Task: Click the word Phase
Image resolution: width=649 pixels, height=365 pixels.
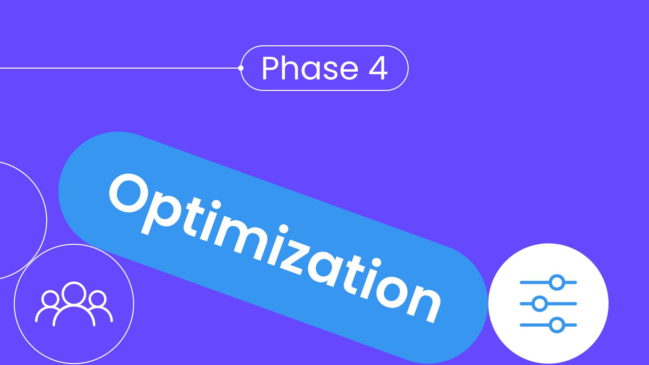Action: (x=310, y=68)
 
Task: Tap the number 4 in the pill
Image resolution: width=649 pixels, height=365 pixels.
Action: (x=377, y=69)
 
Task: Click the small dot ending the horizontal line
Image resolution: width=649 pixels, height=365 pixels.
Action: (x=241, y=68)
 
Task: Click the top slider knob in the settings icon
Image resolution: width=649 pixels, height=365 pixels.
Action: (x=556, y=282)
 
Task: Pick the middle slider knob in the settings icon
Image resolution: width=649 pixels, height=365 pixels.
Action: (x=539, y=303)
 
